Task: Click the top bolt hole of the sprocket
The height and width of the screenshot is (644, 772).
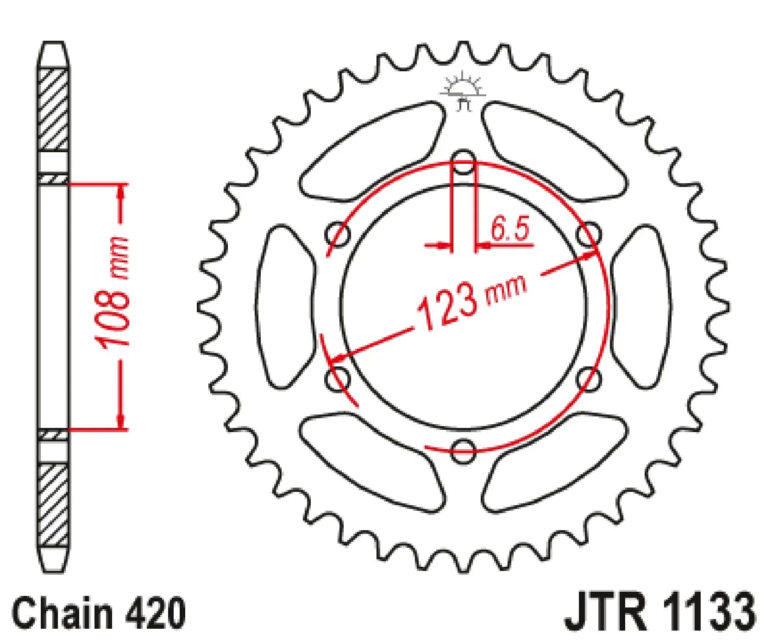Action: (463, 162)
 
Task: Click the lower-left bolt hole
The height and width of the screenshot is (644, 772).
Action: (338, 378)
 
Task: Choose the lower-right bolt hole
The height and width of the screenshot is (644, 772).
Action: (589, 378)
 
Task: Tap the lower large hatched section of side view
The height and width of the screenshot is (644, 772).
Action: (54, 505)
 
